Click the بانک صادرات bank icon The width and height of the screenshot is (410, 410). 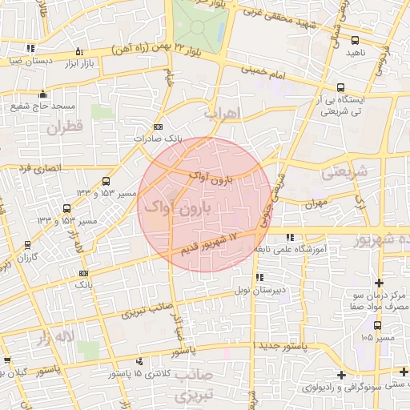coord(157,127)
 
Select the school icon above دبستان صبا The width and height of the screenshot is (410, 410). coord(30,49)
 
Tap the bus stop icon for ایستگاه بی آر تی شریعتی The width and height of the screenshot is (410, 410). coord(342,88)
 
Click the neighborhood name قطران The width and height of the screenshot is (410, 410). coord(64,127)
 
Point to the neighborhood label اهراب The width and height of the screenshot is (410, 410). coord(222,113)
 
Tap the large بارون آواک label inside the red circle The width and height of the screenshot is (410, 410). coord(177,208)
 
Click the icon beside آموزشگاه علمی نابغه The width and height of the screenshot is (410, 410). coord(288,237)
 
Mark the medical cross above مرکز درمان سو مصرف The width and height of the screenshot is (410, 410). coord(378,283)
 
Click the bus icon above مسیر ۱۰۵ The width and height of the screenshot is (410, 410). coord(378,325)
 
